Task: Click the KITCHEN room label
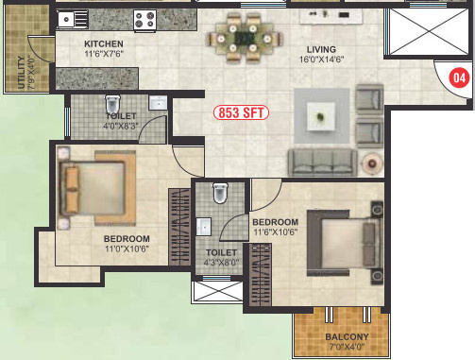pos(104,44)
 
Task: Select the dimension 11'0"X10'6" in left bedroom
pos(127,249)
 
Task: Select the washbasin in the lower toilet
pos(203,227)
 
